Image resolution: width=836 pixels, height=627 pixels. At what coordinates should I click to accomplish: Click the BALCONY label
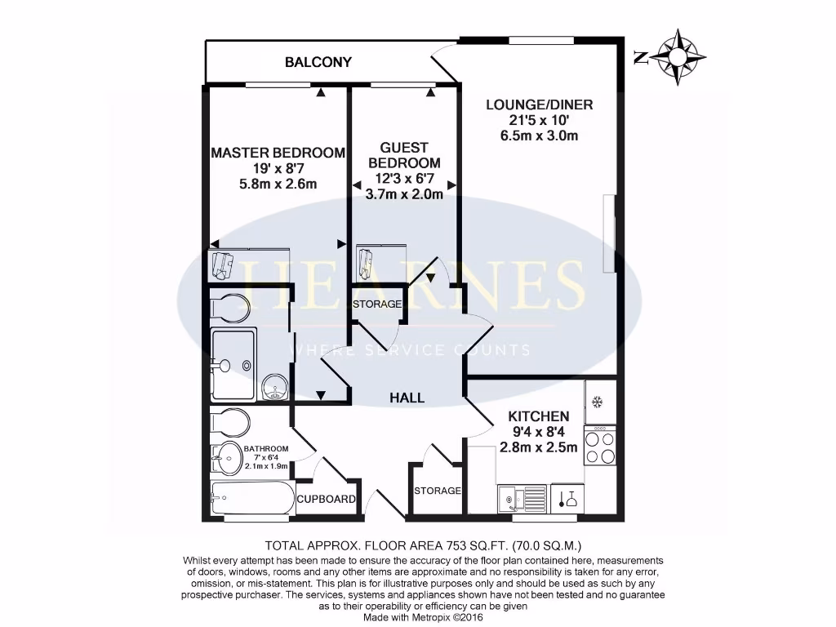pos(318,62)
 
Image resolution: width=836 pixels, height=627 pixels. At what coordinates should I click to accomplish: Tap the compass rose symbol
pos(678,56)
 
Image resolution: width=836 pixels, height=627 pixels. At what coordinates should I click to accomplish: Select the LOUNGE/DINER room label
pos(539,104)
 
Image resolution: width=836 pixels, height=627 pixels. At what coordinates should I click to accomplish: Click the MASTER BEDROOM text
pos(278,153)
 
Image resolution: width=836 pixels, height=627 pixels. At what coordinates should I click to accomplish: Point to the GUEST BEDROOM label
pos(403,155)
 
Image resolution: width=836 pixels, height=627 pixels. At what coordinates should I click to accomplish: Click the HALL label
pos(407,398)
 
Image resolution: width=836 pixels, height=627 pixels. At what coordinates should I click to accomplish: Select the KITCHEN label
pos(538,416)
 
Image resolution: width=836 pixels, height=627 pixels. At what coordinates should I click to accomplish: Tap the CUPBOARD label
pos(326,499)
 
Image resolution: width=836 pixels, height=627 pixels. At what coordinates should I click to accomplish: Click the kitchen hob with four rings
pos(600,446)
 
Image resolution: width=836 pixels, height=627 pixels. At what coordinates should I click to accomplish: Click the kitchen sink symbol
pos(522,496)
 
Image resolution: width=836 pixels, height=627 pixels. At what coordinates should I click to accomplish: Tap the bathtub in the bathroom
pos(250,497)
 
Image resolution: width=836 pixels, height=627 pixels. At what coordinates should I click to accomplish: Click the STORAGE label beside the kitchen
pos(438,491)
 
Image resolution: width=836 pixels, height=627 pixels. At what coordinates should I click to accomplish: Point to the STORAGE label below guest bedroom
pos(377,304)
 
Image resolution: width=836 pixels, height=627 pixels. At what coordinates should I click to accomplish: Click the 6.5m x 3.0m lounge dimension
pos(539,136)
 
